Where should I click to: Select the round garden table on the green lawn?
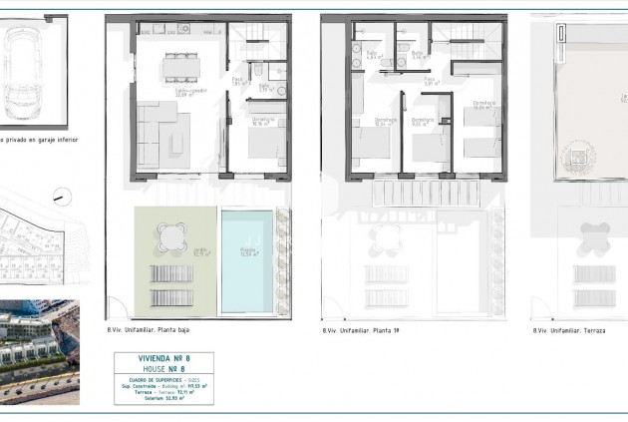pyautogui.click(x=169, y=236)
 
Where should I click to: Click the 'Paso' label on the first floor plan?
pyautogui.click(x=429, y=80)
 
